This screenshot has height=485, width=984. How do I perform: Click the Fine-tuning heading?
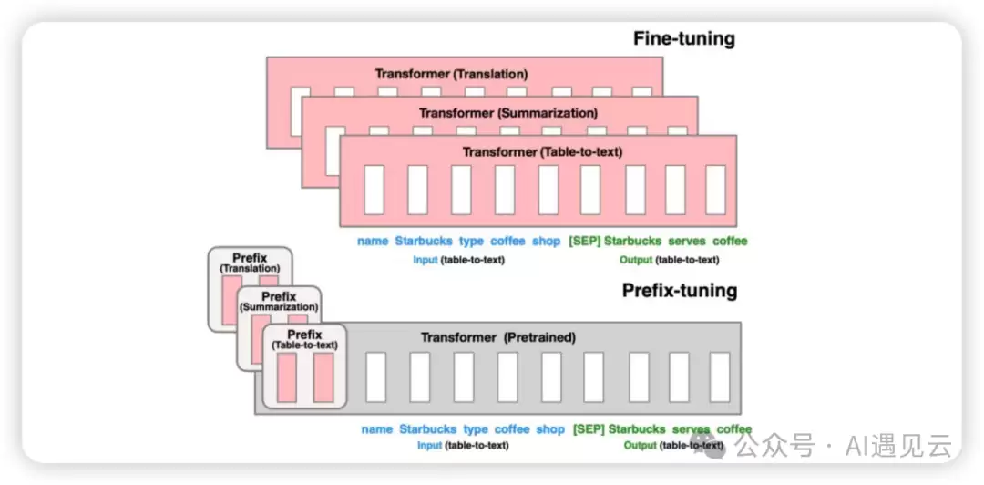tap(683, 38)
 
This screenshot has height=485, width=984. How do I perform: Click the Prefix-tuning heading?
tap(680, 291)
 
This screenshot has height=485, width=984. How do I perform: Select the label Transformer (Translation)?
tap(451, 74)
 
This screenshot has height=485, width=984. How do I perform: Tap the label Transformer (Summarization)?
tap(508, 113)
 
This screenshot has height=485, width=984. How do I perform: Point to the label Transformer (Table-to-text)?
tap(542, 151)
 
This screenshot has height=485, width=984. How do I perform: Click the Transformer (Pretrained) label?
tap(497, 337)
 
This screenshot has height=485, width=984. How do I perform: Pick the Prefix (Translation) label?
tap(250, 263)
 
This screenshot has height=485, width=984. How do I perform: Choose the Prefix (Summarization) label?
tap(279, 302)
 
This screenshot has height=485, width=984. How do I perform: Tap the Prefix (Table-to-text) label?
tap(304, 339)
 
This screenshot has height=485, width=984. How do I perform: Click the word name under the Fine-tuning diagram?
tap(373, 241)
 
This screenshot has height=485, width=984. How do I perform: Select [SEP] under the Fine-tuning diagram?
tap(584, 241)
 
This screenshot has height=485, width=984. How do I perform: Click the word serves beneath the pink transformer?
tap(687, 241)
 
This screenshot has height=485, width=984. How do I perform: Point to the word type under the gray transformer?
tap(475, 429)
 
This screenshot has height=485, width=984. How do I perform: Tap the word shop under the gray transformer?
tap(550, 429)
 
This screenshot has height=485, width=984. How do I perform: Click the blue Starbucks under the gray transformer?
tap(428, 429)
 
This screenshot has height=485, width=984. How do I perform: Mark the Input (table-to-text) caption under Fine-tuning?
tap(458, 260)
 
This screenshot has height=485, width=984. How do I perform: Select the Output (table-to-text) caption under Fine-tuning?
tap(669, 260)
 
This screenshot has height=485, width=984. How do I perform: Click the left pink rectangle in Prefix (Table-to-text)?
tap(287, 377)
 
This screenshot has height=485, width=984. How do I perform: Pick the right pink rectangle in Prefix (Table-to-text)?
tap(323, 377)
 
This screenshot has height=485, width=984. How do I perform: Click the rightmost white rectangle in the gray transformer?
tap(720, 377)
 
